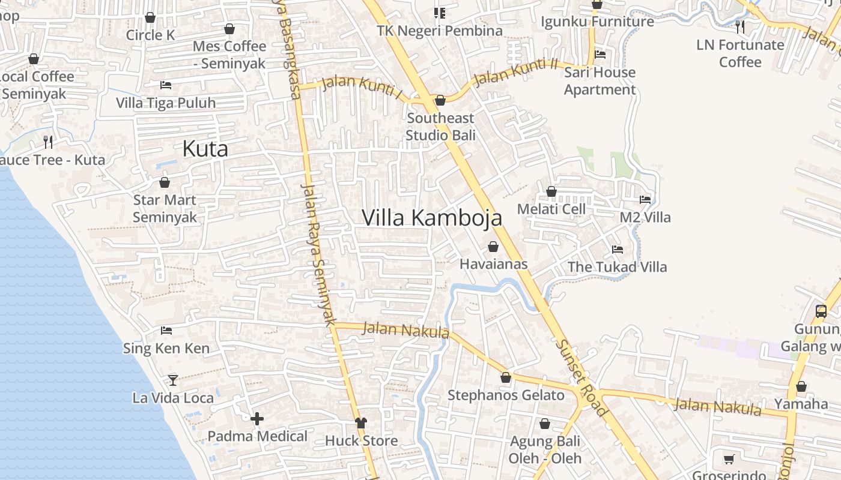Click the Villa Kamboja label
432,218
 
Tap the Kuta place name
205,149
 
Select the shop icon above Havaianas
493,247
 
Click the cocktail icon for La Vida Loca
173,380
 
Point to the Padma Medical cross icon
257,419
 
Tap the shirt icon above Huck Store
360,422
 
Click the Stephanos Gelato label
506,395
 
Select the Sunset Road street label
581,378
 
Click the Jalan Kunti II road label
516,71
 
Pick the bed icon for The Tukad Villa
617,250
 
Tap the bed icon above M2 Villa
645,200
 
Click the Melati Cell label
551,209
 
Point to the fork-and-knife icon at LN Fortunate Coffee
740,26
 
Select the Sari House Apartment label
600,81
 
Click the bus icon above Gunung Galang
821,311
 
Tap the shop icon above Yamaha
801,386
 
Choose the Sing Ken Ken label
166,349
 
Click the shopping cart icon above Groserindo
729,460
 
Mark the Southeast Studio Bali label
440,127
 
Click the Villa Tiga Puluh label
166,103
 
